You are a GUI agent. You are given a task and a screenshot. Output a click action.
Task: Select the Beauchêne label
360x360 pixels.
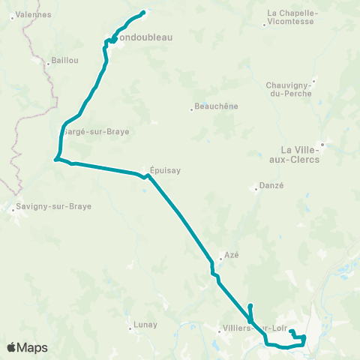tap(216, 106)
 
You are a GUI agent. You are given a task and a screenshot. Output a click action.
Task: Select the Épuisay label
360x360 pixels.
tap(165, 170)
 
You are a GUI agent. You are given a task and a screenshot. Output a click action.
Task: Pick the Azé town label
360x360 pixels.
tap(231, 255)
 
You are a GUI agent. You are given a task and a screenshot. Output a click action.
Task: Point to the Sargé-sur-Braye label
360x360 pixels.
tap(96, 131)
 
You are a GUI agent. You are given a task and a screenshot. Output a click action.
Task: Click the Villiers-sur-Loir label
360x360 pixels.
tap(255, 328)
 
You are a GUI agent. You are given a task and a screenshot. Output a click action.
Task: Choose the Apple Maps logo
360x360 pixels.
tap(27, 347)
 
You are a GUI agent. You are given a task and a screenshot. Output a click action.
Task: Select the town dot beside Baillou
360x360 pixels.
tap(48, 64)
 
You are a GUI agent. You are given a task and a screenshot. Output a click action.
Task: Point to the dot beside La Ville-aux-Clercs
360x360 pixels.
tap(322, 144)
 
